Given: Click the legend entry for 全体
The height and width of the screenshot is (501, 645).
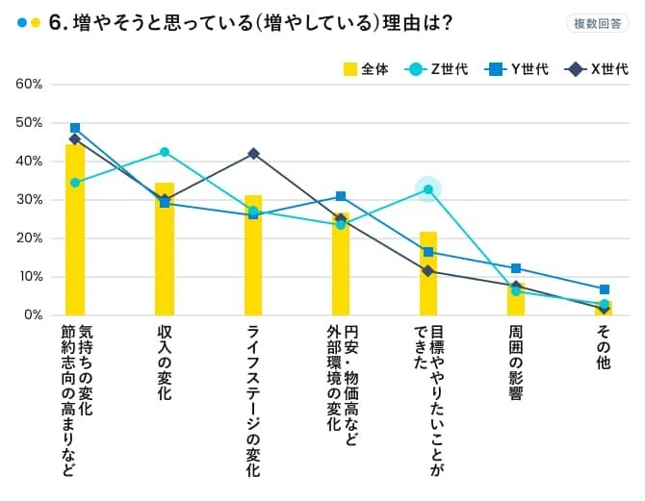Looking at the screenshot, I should (366, 68).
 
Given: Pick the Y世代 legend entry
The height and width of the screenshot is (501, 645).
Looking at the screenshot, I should (517, 68).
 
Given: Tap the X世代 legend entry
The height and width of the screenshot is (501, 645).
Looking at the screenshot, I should (597, 68).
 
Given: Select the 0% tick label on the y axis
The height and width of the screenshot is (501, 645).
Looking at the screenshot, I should (33, 315).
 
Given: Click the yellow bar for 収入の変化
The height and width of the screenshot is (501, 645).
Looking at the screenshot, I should (165, 250).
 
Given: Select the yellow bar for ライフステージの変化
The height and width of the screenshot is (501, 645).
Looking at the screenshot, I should (253, 256).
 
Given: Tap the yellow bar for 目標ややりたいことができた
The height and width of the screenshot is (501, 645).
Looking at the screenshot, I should (428, 274).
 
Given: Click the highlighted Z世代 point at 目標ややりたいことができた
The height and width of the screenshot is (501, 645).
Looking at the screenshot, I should (428, 189).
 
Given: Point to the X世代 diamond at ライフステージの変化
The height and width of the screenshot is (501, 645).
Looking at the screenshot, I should (253, 154).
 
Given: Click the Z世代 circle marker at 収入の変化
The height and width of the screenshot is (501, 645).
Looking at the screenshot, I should (165, 152).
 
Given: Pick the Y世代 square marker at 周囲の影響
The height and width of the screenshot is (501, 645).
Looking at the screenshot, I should (516, 268).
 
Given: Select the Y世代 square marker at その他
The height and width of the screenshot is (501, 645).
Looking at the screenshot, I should (605, 289).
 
